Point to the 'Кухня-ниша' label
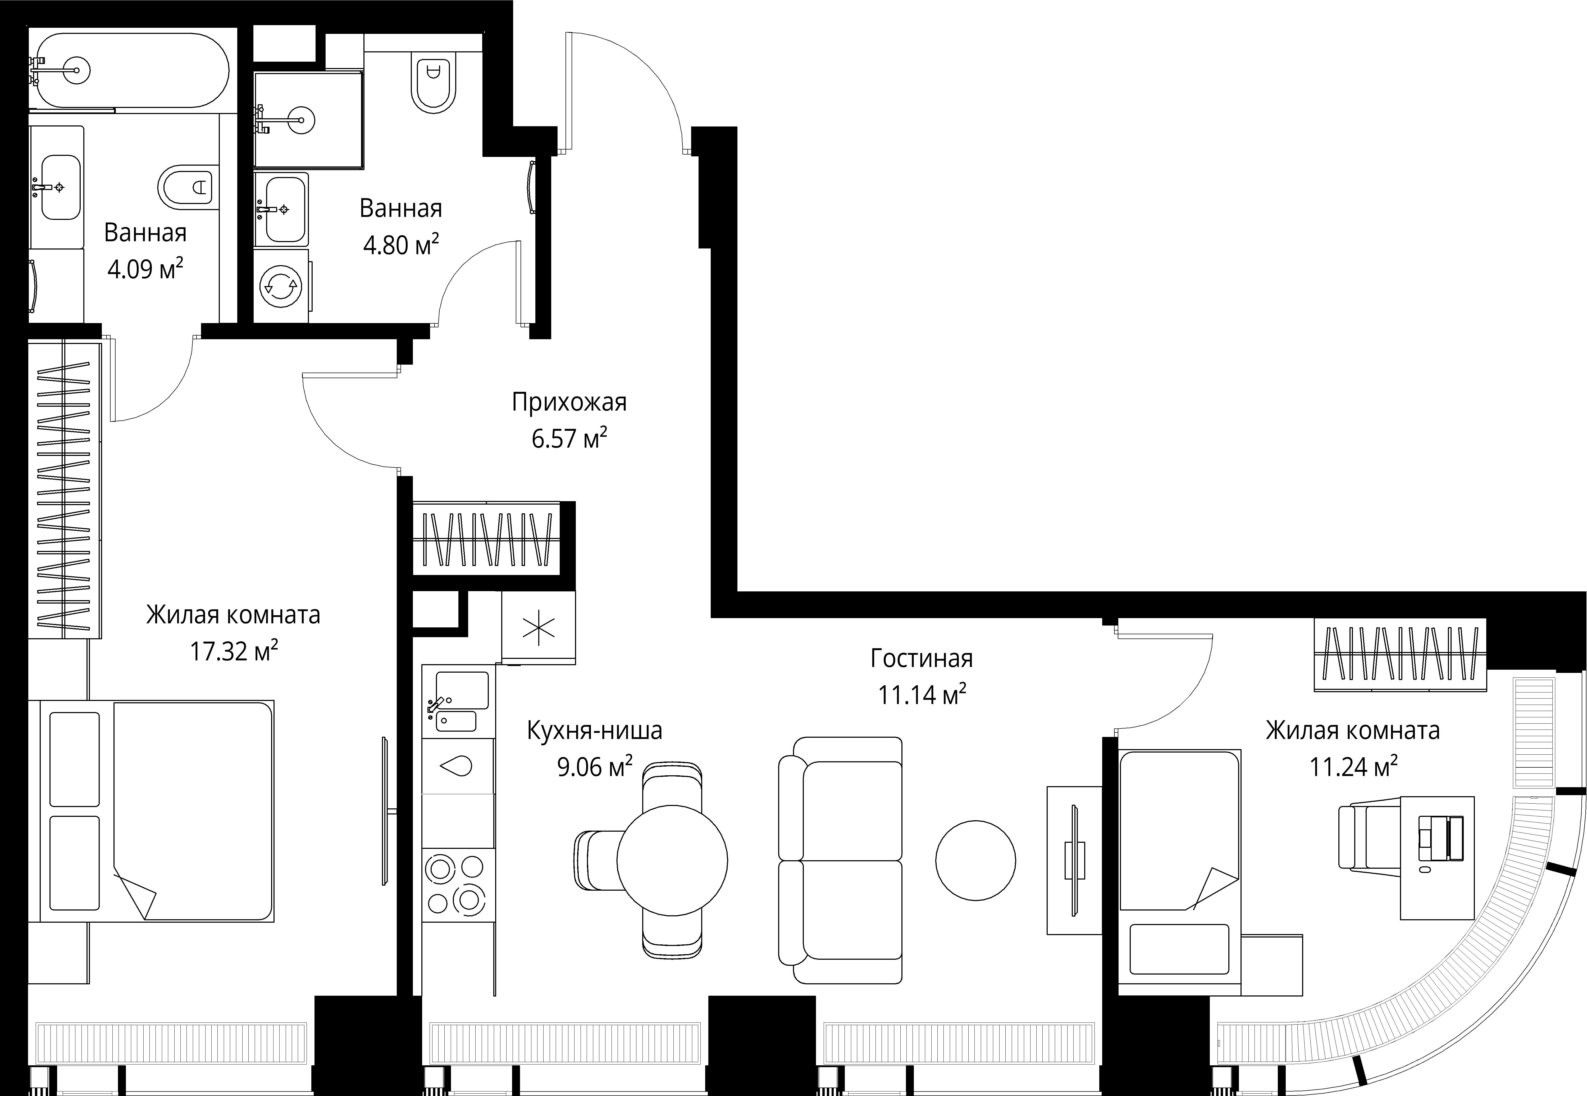tap(594, 731)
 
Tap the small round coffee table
tap(975, 861)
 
